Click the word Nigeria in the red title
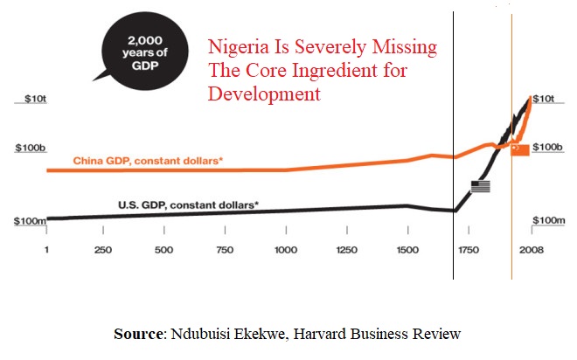pyautogui.click(x=235, y=48)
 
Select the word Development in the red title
pyautogui.click(x=262, y=93)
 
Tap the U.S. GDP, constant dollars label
pyautogui.click(x=188, y=204)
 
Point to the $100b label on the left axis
pyautogui.click(x=29, y=149)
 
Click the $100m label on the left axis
pyautogui.click(x=30, y=221)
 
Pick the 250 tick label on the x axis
pyautogui.click(x=102, y=250)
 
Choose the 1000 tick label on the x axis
pyautogui.click(x=286, y=250)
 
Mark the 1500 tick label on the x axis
pyautogui.click(x=408, y=250)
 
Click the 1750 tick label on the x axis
pyautogui.click(x=469, y=250)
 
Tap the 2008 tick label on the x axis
pyautogui.click(x=531, y=250)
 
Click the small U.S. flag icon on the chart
pyautogui.click(x=481, y=186)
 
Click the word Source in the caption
pyautogui.click(x=139, y=333)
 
